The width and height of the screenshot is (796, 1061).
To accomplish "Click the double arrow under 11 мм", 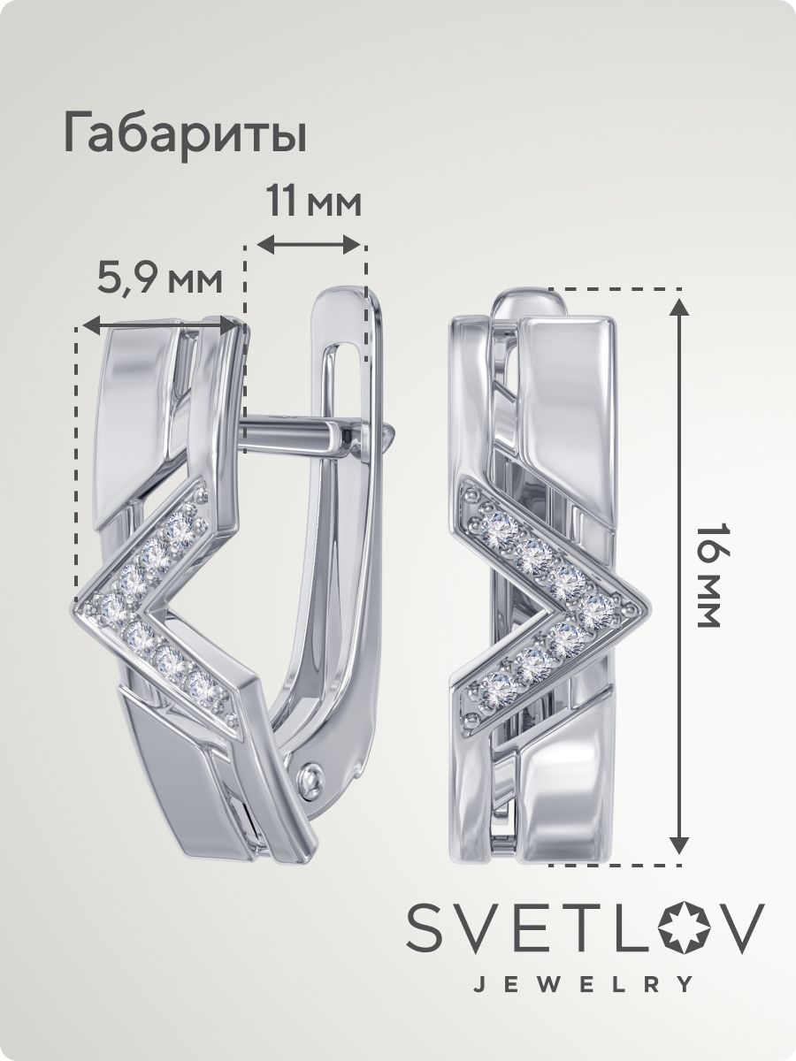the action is (310, 245).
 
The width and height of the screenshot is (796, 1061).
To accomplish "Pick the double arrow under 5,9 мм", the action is (159, 325).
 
